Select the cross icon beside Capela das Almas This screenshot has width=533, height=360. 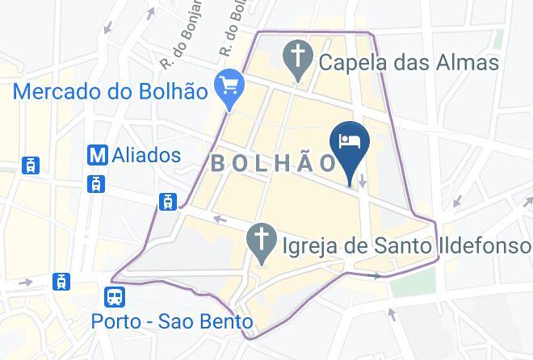point(298,58)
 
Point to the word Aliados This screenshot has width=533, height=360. point(148,154)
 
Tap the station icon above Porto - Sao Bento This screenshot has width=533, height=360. point(115,297)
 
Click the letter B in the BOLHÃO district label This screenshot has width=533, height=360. point(216,163)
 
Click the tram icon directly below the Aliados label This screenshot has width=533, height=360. point(97,183)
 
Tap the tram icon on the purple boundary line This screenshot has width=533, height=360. point(168,201)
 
